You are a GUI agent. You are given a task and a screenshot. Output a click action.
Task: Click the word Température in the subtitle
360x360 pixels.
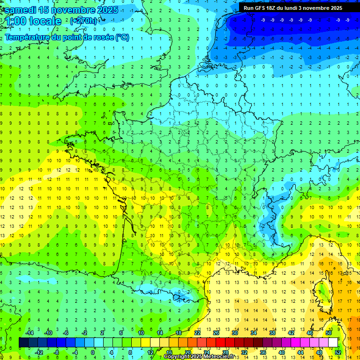click(x=28, y=37)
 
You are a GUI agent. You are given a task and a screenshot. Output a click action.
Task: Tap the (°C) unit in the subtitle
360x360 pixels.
click(x=122, y=37)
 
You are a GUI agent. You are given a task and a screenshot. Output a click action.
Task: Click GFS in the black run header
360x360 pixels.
click(x=263, y=8)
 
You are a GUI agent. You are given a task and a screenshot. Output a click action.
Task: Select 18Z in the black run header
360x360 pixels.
click(x=277, y=8)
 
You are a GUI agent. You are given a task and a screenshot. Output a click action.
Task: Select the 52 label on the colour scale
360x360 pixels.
click(x=337, y=352)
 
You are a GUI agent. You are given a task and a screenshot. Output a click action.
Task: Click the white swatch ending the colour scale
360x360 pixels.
click(x=333, y=343)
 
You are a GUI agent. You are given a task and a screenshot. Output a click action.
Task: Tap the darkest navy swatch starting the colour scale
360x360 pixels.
click(x=23, y=343)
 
